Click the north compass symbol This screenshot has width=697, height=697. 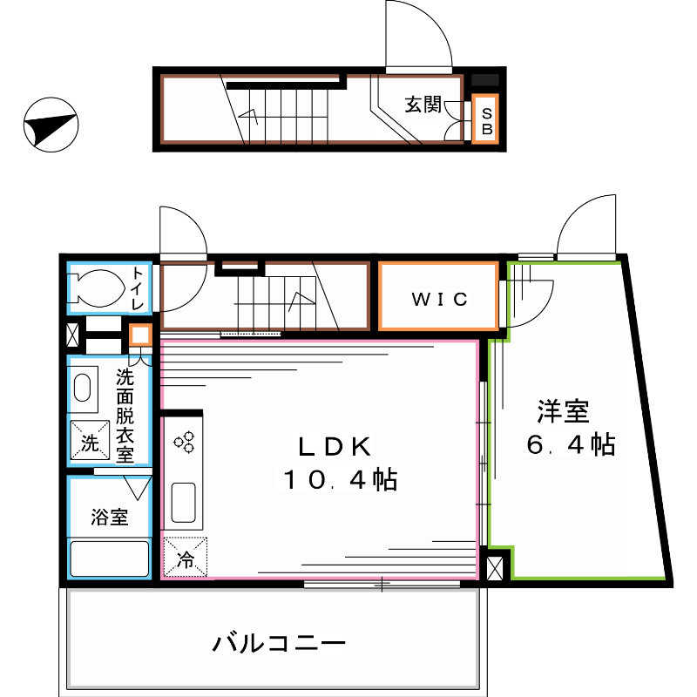pyautogui.click(x=51, y=125)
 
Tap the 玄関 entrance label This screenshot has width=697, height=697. pyautogui.click(x=422, y=105)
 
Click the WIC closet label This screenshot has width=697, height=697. pyautogui.click(x=440, y=299)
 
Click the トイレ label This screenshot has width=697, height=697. pyautogui.click(x=139, y=288)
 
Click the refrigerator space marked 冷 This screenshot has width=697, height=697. pyautogui.click(x=186, y=557)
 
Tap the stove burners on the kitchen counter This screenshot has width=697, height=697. pyautogui.click(x=185, y=442)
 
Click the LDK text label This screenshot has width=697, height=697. pyautogui.click(x=335, y=447)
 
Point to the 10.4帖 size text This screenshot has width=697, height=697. pyautogui.click(x=339, y=479)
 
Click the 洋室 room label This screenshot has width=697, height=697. pyautogui.click(x=563, y=410)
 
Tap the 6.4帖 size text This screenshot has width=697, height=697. pyautogui.click(x=571, y=445)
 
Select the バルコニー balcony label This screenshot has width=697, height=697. pyautogui.click(x=280, y=644)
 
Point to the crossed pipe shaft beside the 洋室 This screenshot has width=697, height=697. pyautogui.click(x=496, y=567)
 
